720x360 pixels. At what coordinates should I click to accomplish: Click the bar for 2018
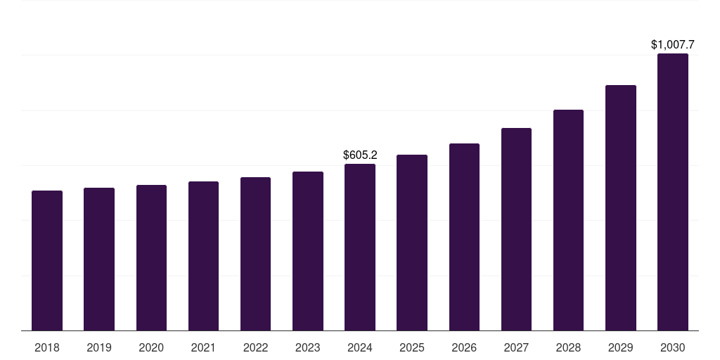pos(47,261)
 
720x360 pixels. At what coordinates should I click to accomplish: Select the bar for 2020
pos(151,258)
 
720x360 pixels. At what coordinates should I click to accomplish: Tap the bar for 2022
pos(255,254)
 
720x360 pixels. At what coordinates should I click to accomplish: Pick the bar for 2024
pos(360,247)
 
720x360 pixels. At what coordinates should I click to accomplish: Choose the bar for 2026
pos(464,237)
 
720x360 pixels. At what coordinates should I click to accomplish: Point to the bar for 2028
pos(568,220)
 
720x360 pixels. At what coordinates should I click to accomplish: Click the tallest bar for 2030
pos(672,192)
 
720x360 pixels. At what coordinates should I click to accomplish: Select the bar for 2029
pos(620,208)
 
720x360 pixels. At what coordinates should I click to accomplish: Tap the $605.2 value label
pos(360,155)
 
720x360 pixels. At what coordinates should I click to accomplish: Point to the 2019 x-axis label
pos(99,347)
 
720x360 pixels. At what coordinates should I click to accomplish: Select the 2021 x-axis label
pos(203,347)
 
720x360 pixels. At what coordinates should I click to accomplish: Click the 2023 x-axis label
pos(307,347)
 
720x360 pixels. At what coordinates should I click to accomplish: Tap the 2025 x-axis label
pos(412,347)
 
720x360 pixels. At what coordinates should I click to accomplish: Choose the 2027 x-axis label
pos(516,347)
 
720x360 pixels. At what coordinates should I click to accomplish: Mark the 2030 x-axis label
pos(672,347)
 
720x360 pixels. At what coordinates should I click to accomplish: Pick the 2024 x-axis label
pos(360,347)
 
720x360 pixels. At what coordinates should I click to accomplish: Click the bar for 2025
pos(412,243)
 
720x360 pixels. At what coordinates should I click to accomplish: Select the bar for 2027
pos(516,229)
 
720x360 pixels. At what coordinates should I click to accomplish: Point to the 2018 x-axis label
pos(47,347)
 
